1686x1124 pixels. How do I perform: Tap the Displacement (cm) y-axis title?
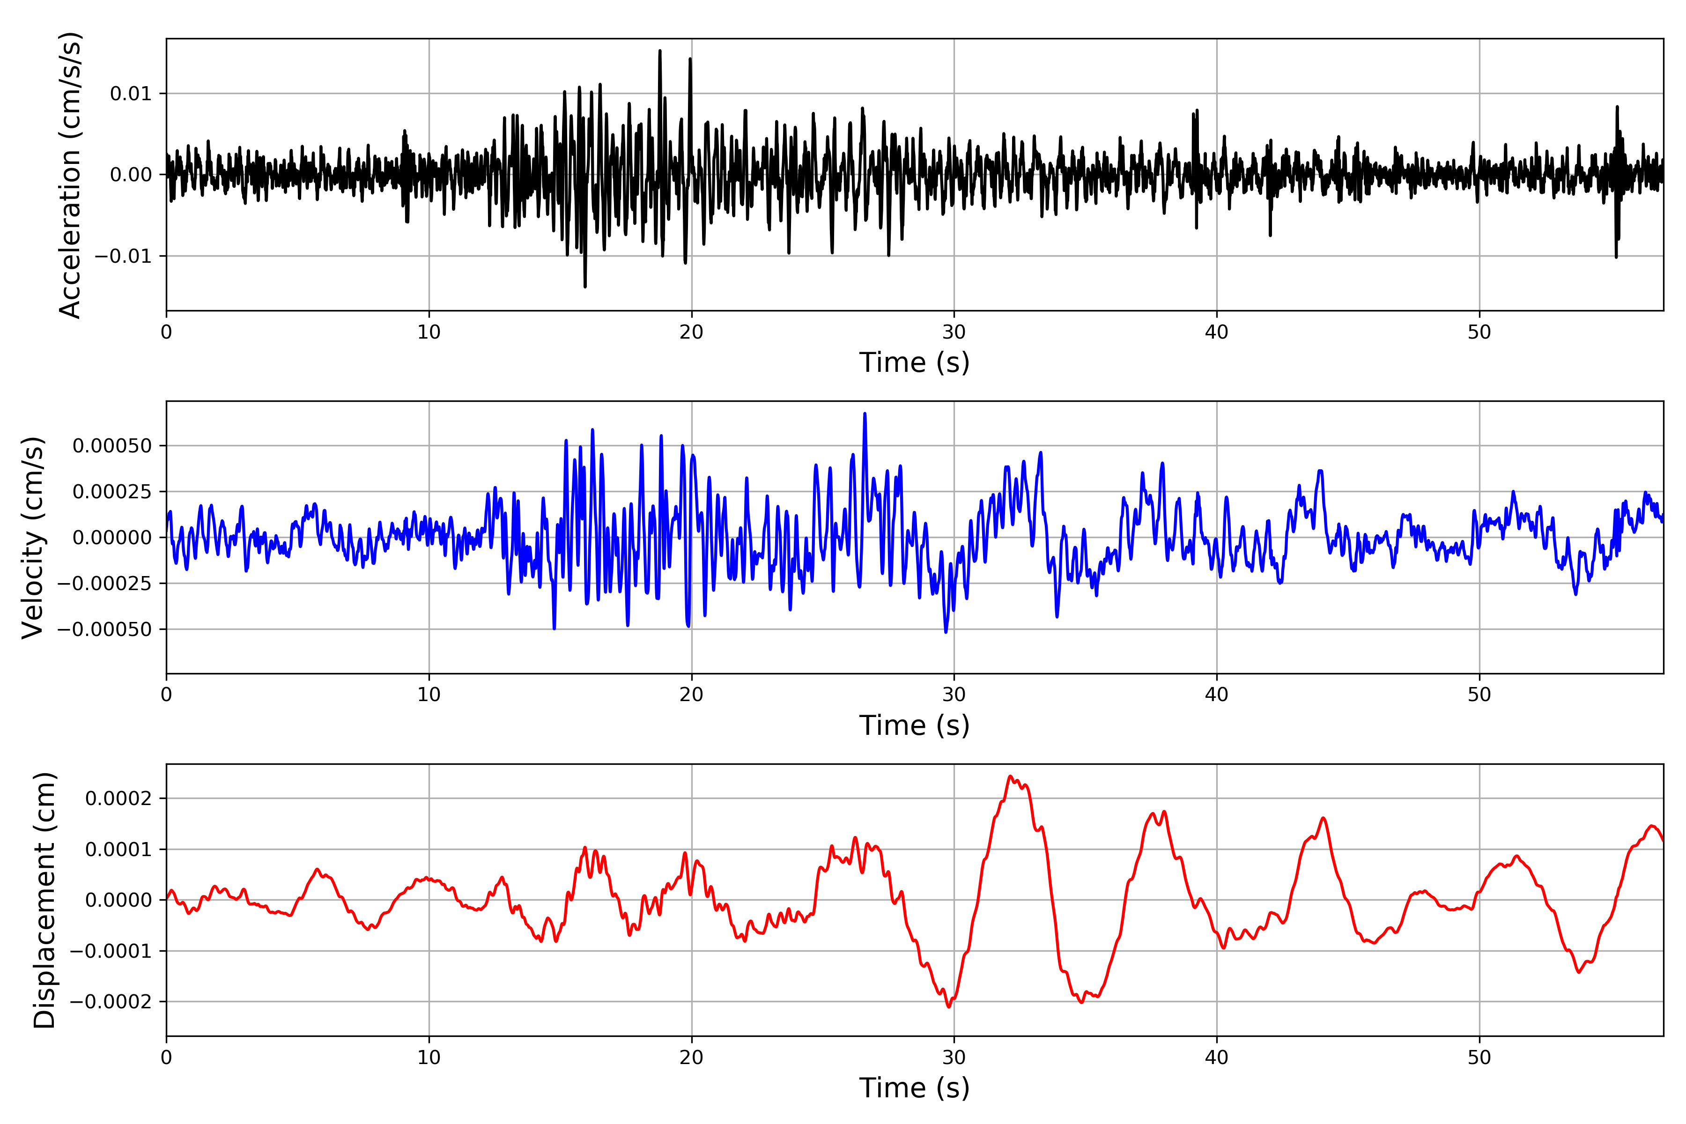point(44,900)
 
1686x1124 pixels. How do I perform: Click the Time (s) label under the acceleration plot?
point(914,362)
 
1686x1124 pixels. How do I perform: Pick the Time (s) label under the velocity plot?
point(914,725)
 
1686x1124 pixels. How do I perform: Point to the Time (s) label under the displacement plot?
point(914,1088)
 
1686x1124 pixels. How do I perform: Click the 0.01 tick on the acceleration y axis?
point(131,94)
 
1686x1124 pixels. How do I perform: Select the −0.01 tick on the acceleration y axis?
point(123,256)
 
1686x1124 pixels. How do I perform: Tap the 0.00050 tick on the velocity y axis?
point(112,446)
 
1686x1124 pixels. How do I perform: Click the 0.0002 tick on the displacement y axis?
point(118,799)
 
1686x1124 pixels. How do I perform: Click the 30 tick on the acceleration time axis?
point(954,333)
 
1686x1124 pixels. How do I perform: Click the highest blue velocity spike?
point(865,414)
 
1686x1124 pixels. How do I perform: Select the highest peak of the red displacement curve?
point(1010,776)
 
